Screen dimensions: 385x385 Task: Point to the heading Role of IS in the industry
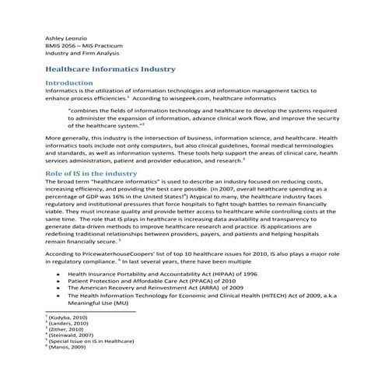click(x=91, y=173)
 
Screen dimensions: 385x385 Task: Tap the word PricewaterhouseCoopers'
click(x=116, y=254)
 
